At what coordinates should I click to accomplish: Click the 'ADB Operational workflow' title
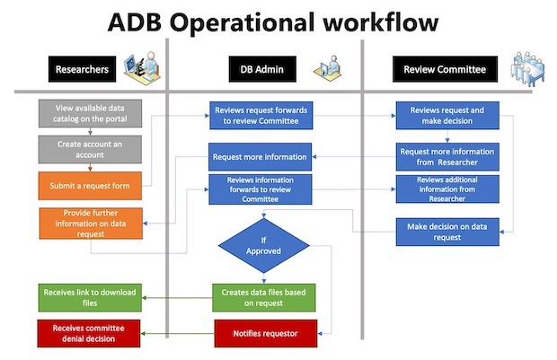(278, 22)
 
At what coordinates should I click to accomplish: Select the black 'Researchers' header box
(82, 68)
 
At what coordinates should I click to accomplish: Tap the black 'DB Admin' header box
(261, 68)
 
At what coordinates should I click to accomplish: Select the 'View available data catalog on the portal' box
(90, 114)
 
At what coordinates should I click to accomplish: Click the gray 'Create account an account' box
(90, 148)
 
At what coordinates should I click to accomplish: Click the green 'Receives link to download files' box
(90, 297)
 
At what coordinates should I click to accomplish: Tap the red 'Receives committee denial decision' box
(90, 334)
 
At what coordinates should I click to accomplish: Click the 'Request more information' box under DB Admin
(260, 156)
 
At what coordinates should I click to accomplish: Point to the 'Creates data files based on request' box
(264, 297)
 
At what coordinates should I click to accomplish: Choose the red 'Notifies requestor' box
(264, 334)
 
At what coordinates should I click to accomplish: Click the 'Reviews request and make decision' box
(446, 115)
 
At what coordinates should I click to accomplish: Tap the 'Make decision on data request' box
(446, 232)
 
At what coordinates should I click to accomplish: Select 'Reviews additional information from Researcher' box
(446, 189)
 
